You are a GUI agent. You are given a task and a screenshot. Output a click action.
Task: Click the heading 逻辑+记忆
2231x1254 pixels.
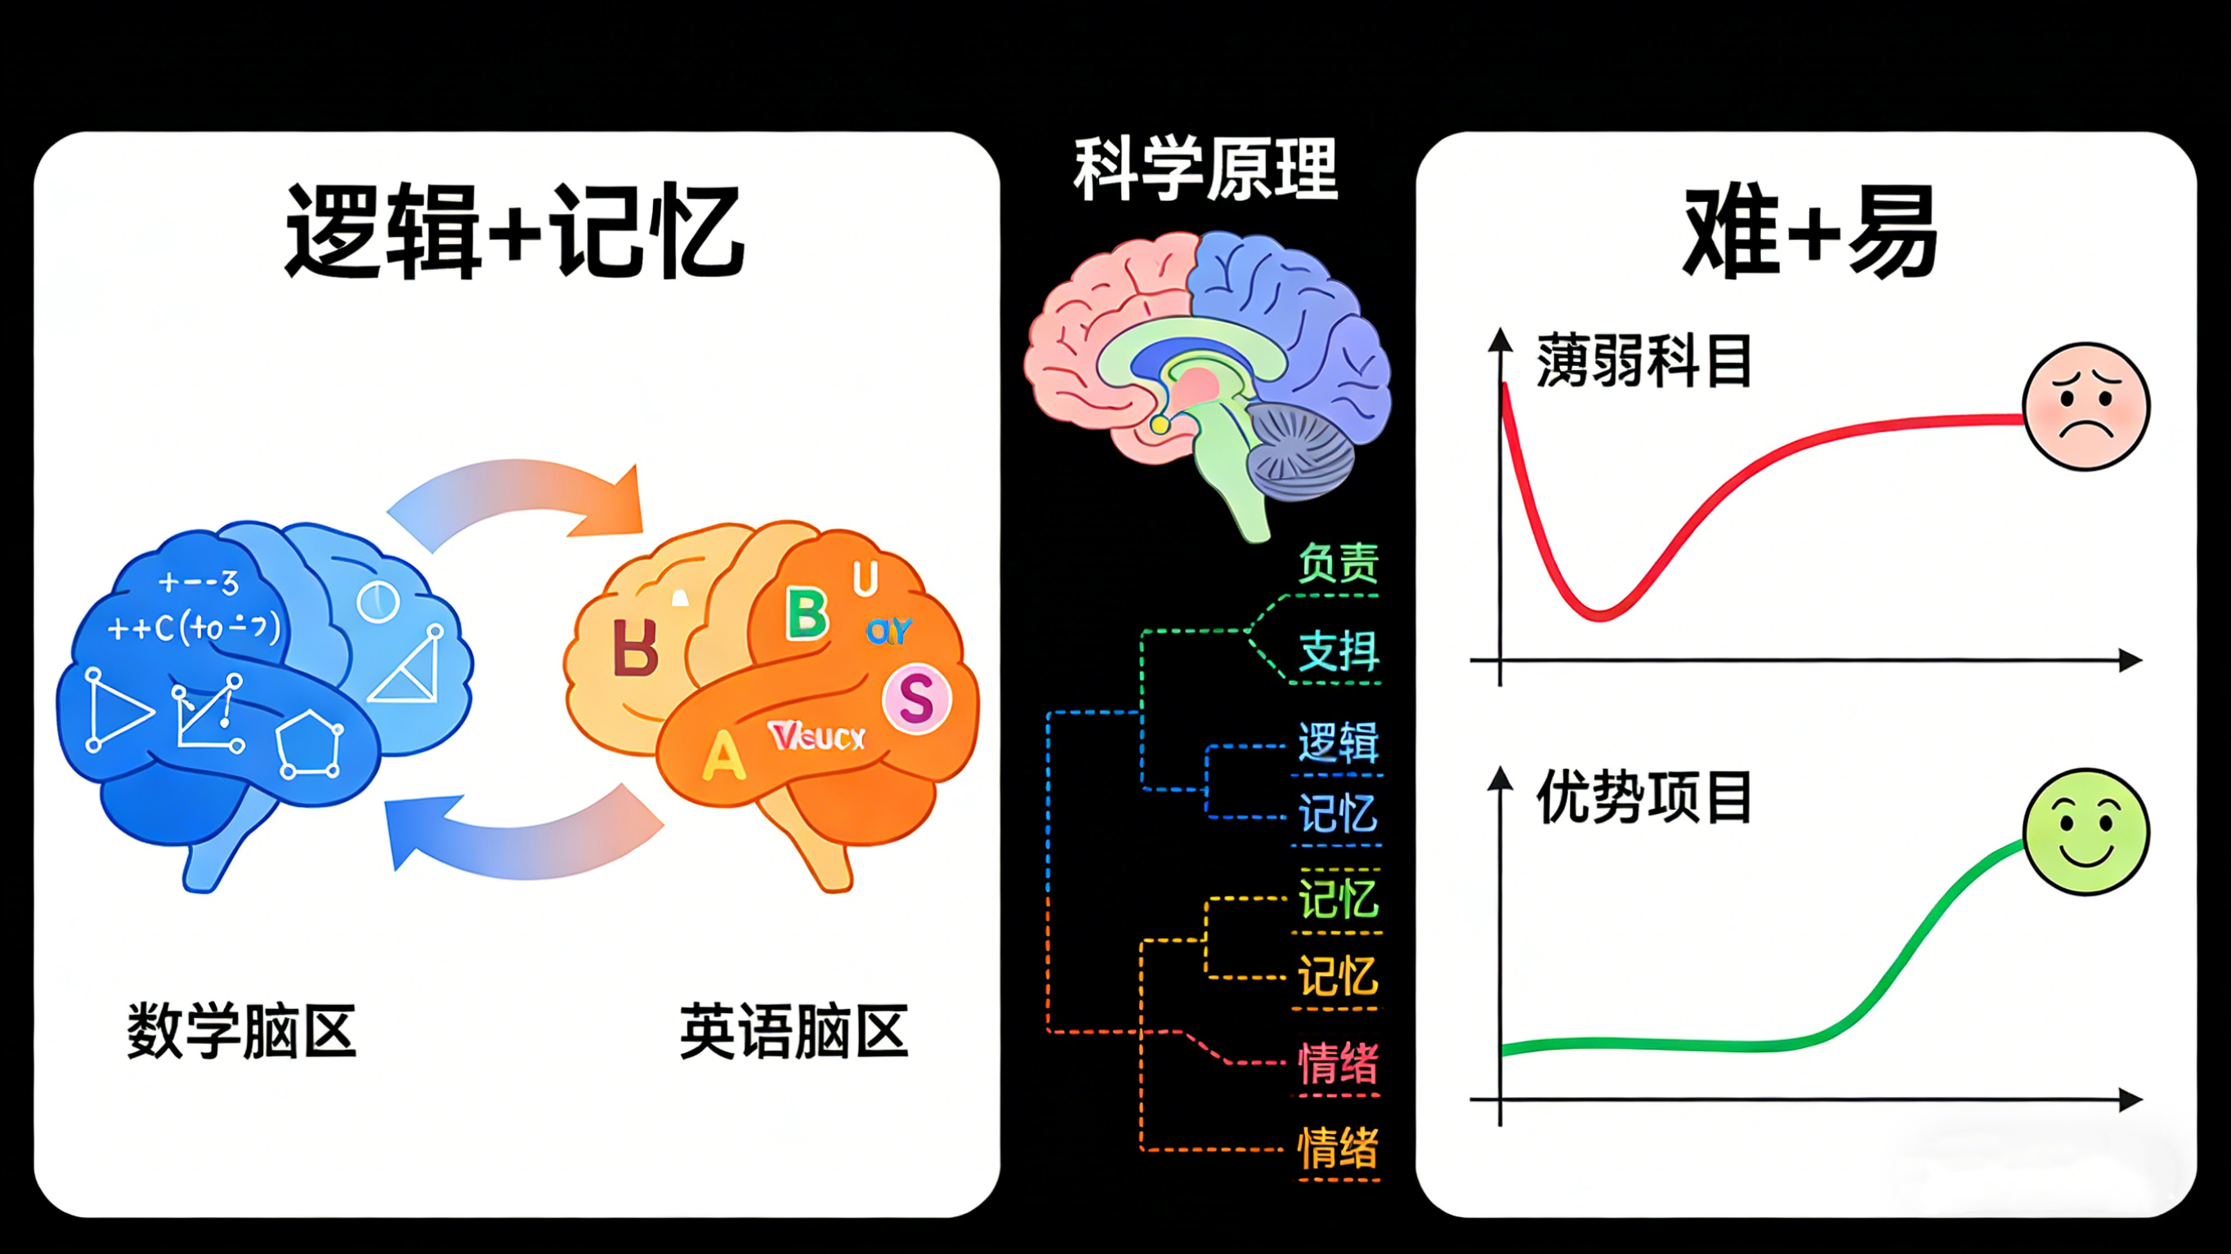[x=515, y=232]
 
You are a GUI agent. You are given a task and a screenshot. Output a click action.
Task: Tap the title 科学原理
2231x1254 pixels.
[x=1205, y=169]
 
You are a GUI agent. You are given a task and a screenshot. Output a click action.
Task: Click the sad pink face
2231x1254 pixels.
[x=2086, y=406]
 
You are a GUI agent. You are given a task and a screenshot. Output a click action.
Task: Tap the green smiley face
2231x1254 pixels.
[x=2086, y=832]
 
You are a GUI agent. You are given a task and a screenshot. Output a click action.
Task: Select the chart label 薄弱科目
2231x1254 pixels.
[x=1643, y=361]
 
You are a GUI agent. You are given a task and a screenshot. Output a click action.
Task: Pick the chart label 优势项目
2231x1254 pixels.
[x=1643, y=797]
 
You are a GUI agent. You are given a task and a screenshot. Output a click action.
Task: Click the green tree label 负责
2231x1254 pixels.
[x=1338, y=564]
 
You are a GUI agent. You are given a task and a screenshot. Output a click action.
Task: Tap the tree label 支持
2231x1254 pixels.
[x=1338, y=651]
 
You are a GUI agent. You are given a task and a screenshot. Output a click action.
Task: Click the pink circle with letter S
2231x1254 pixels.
[x=916, y=698]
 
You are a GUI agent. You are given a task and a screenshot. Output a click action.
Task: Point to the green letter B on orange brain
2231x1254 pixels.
[x=807, y=614]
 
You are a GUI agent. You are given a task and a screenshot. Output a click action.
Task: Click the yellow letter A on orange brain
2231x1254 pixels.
[x=723, y=755]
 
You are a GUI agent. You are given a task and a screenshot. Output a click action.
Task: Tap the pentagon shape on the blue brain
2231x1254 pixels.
[x=309, y=744]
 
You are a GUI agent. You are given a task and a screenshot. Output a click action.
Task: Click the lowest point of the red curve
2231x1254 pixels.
[x=1600, y=616]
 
